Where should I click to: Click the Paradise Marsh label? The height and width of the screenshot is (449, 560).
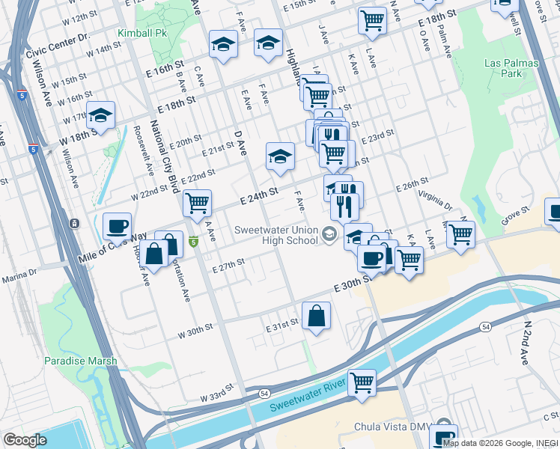click(80, 361)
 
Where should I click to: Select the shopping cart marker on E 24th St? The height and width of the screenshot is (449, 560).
click(197, 202)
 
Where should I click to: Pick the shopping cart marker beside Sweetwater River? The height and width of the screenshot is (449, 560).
click(362, 382)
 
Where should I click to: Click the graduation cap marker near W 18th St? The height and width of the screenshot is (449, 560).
click(100, 115)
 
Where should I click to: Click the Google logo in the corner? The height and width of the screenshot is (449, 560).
click(25, 440)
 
